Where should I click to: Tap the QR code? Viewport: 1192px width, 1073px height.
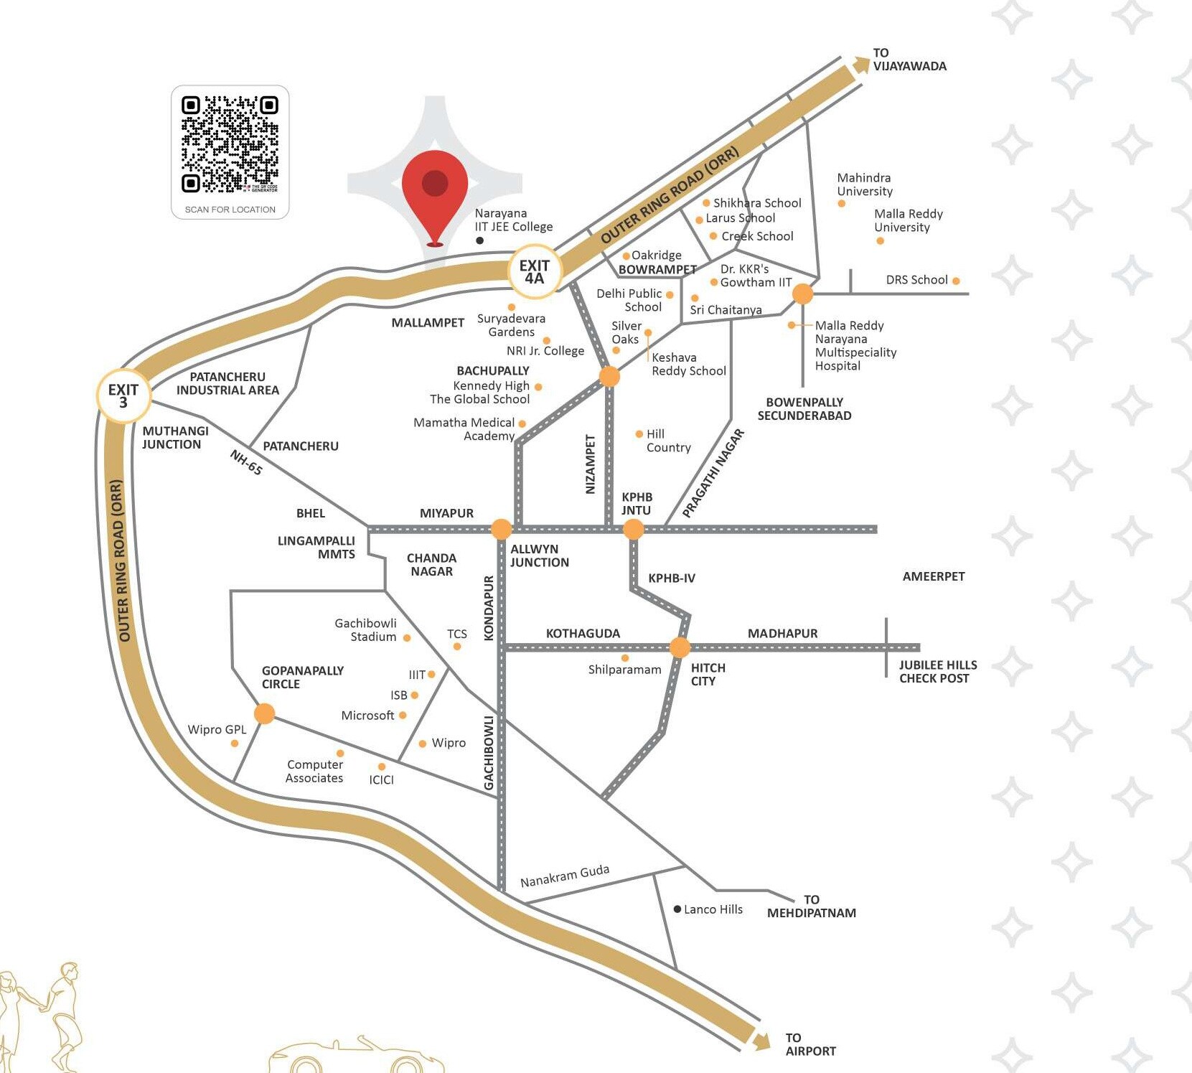[x=230, y=144]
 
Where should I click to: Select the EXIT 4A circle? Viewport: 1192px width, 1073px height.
[x=535, y=272]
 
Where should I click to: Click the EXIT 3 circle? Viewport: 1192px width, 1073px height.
[x=123, y=395]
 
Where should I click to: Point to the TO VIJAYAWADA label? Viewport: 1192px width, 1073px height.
[x=909, y=60]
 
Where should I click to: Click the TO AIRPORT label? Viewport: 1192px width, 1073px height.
[x=810, y=1044]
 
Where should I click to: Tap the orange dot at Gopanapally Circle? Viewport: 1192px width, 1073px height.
[x=265, y=713]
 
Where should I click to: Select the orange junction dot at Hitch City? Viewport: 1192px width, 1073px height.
[x=680, y=647]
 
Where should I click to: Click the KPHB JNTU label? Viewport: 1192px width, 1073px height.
[x=637, y=504]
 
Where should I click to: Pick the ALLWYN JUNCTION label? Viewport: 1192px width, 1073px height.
[x=539, y=556]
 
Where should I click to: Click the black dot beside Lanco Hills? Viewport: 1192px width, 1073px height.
[x=677, y=909]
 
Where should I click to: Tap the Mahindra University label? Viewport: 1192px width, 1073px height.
[x=865, y=184]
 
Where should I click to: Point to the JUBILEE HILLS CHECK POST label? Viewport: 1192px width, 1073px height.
[x=937, y=672]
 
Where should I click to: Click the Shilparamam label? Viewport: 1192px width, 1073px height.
[x=624, y=670]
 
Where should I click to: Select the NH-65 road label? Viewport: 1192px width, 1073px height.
[x=246, y=462]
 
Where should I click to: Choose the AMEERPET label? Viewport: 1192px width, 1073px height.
[x=933, y=576]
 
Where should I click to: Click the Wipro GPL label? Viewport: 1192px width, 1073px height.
[x=217, y=729]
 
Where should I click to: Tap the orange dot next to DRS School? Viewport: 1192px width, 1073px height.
[x=956, y=281]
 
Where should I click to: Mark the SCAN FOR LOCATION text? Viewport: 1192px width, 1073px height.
[x=230, y=210]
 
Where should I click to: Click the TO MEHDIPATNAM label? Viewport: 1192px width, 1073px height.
[x=811, y=906]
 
